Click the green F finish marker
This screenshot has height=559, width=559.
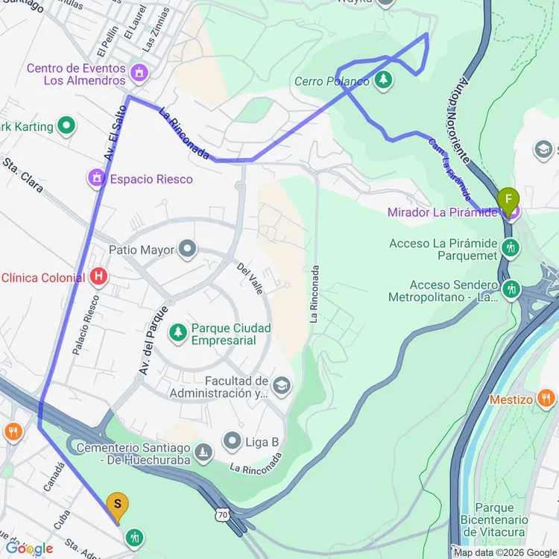coord(508,200)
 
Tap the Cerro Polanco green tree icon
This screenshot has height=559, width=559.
coord(383,79)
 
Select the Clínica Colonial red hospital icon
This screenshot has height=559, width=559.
coord(98,278)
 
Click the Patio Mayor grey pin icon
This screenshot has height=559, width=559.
coord(187,250)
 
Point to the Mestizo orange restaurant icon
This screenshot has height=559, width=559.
coord(546,399)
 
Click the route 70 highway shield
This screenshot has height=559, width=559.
coord(222,514)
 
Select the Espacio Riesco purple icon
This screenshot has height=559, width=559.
coord(96,179)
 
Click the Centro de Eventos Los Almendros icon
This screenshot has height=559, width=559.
coord(138,73)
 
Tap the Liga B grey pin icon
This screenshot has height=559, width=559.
coord(233,441)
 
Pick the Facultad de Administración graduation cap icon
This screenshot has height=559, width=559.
coord(281,385)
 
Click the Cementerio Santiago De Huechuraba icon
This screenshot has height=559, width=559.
coord(203,452)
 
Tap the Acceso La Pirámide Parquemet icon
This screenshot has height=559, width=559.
coord(511,247)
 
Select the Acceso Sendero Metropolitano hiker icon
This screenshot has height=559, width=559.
coord(511,288)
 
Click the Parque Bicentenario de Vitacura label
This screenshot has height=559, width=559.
coord(493,519)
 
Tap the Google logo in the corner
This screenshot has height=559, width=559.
coord(28,549)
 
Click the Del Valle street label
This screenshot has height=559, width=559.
coord(250,278)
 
